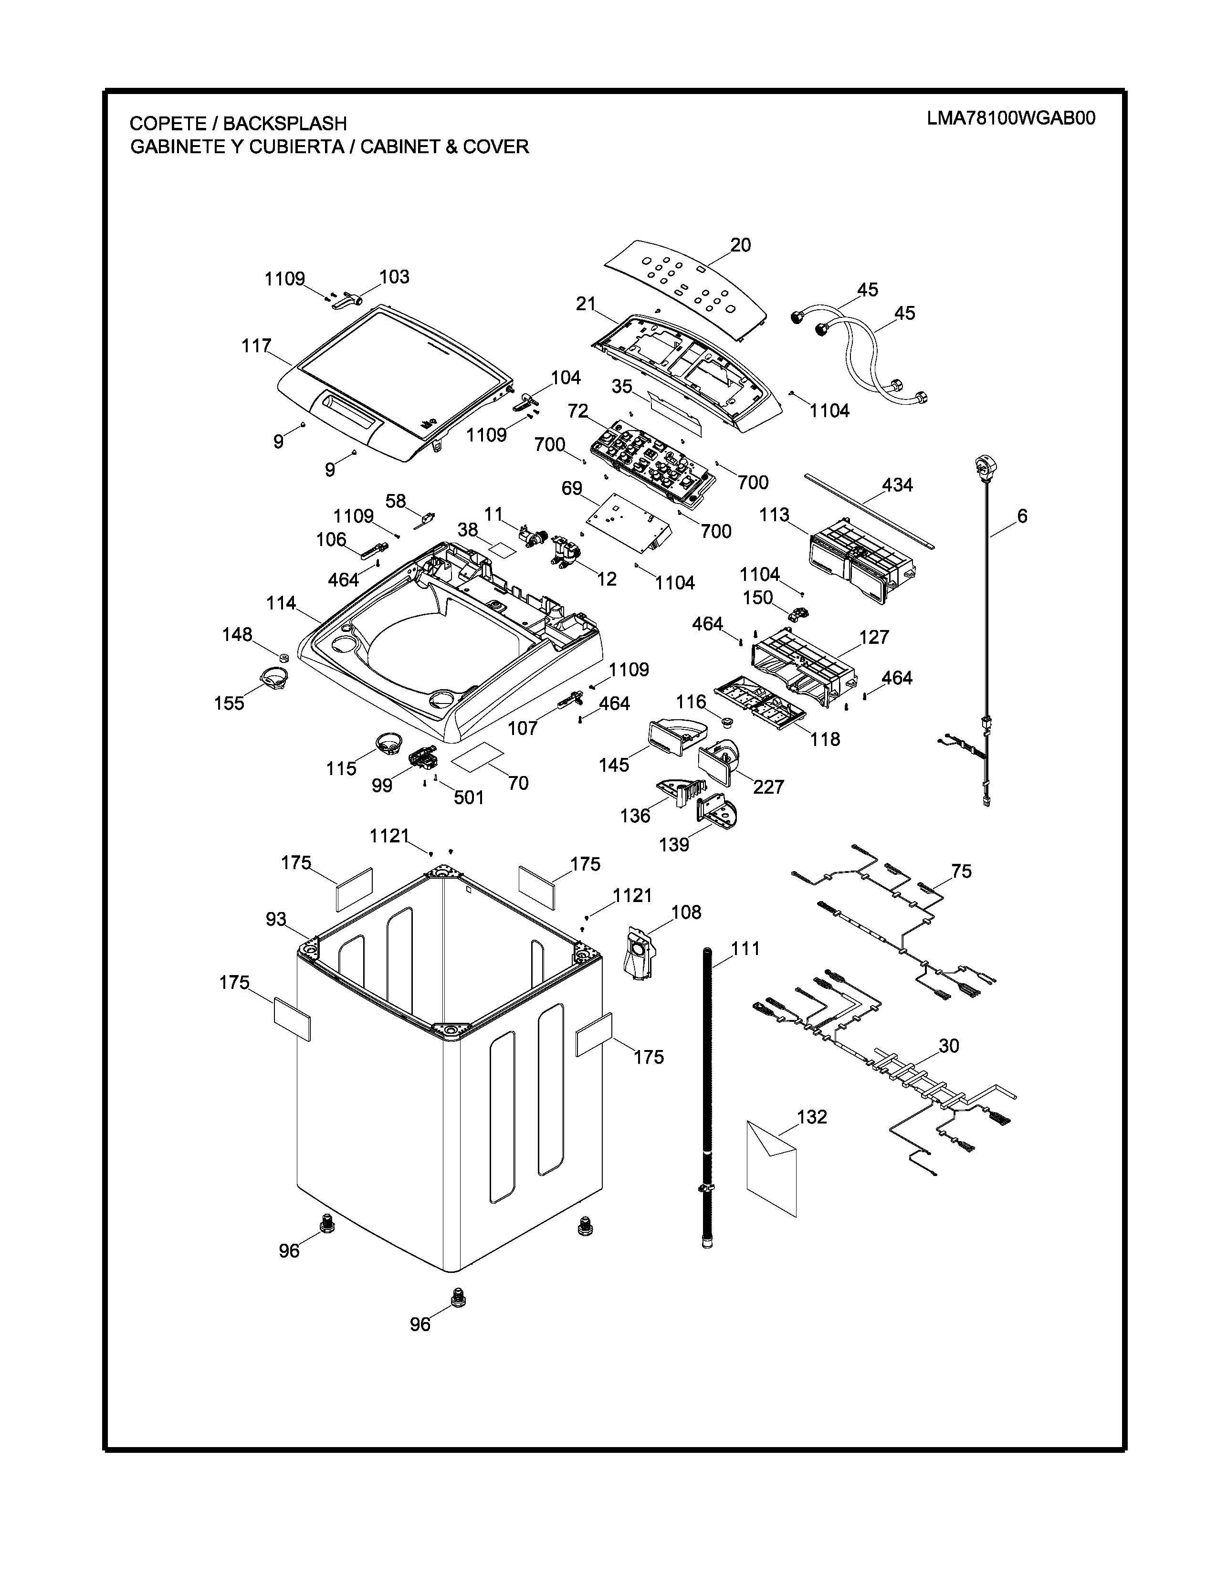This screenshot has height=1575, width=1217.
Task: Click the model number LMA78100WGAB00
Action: click(x=1011, y=118)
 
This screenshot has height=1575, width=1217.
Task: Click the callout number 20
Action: click(x=740, y=245)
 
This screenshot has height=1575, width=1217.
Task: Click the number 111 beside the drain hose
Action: click(x=745, y=948)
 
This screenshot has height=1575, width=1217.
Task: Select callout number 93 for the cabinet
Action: click(x=276, y=920)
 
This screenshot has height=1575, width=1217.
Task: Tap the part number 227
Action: click(x=768, y=787)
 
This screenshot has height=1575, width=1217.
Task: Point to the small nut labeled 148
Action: click(x=283, y=658)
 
